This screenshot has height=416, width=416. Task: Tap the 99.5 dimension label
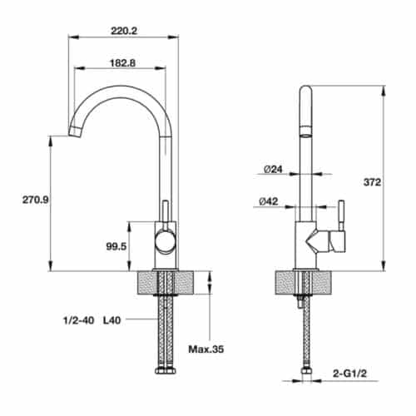(116, 247)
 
